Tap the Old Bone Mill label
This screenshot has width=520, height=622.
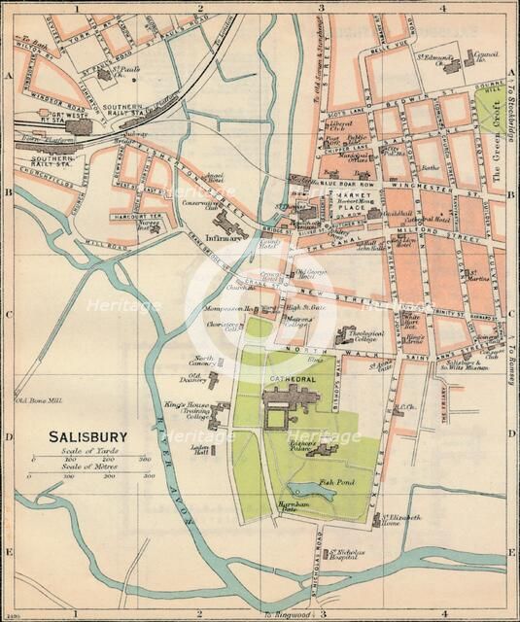38,398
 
